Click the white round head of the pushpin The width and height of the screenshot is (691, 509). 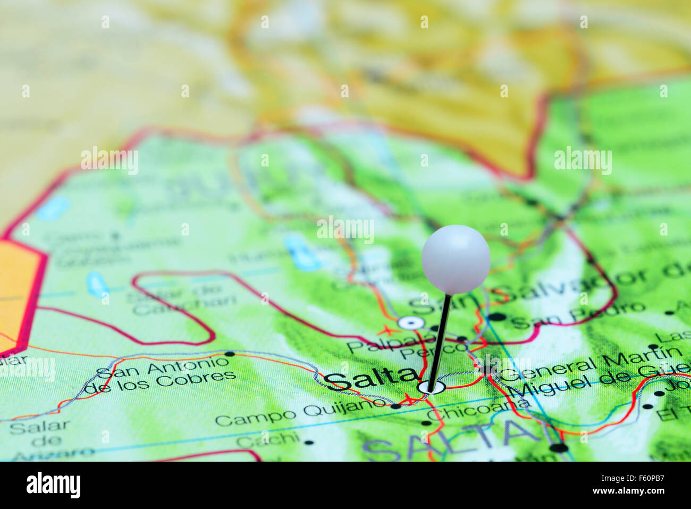(456, 258)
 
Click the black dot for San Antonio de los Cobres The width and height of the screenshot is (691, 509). (230, 353)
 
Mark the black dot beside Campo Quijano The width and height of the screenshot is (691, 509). (395, 406)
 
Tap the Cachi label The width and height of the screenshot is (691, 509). (267, 439)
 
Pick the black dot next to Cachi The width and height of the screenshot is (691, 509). (309, 441)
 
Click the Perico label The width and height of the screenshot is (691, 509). (433, 351)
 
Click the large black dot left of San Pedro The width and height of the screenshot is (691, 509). (498, 318)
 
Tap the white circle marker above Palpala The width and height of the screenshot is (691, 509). (410, 322)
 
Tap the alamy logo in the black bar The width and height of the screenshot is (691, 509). (53, 485)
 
